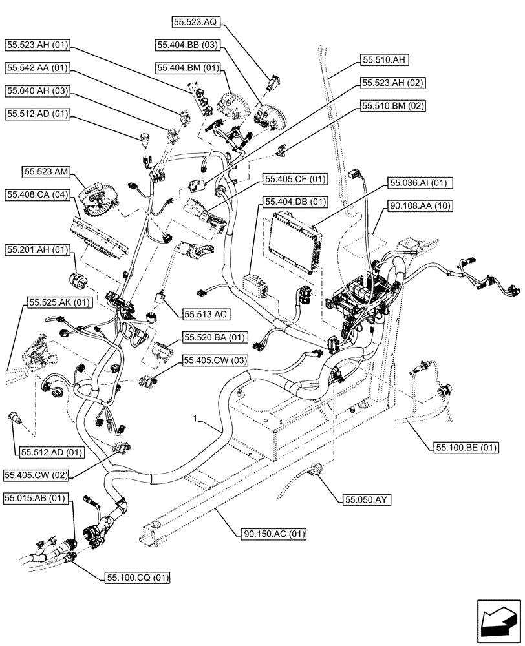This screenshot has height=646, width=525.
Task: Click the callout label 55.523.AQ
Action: [x=197, y=22]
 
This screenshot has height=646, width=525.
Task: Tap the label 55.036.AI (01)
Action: [x=420, y=183]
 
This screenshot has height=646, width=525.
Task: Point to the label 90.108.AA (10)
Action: [x=420, y=206]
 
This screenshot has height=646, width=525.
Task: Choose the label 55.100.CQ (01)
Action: [x=134, y=578]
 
